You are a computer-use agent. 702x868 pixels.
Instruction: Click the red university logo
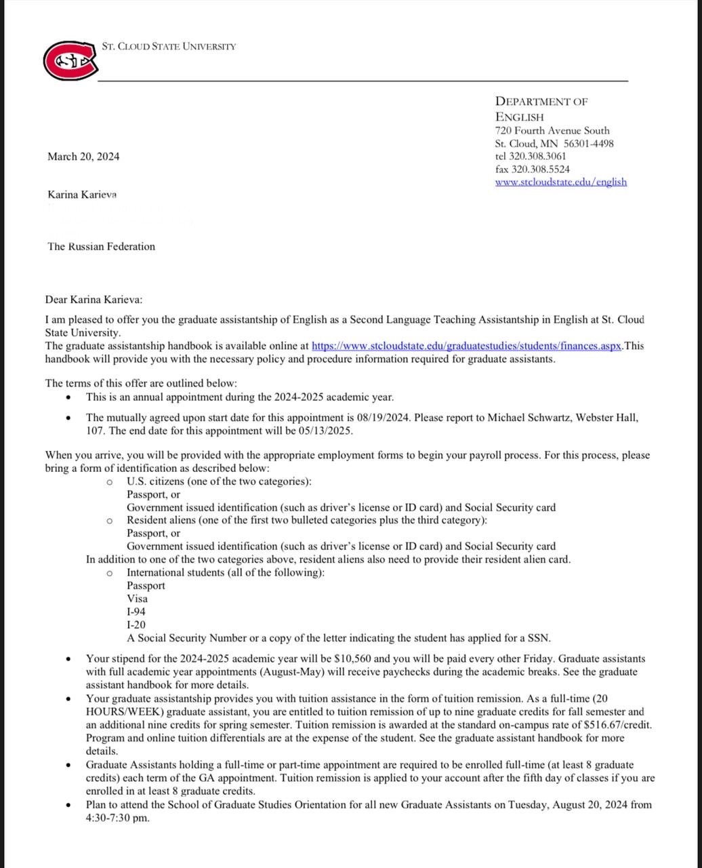coord(70,61)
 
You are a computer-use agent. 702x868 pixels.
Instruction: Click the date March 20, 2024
coord(83,157)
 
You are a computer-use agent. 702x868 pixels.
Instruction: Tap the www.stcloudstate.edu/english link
coord(560,182)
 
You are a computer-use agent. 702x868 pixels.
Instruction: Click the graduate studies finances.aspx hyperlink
coord(466,346)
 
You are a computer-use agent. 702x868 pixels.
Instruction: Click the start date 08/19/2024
coord(380,418)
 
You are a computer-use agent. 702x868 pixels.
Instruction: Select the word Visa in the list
coord(137,599)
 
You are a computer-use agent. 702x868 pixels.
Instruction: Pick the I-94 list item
coord(136,612)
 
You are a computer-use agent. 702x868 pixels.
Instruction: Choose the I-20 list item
coord(136,625)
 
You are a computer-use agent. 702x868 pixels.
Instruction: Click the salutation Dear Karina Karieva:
coord(94,300)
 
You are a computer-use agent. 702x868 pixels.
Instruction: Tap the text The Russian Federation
coord(101,247)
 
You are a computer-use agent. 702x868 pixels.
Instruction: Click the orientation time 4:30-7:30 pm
coord(117,818)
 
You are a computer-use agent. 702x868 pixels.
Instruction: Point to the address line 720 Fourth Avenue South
coord(552,130)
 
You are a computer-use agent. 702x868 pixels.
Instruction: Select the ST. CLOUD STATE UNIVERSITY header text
coord(169,47)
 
